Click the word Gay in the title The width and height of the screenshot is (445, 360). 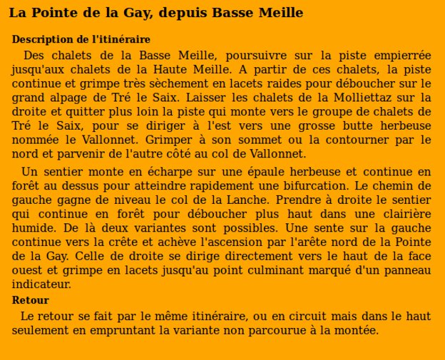coord(138,13)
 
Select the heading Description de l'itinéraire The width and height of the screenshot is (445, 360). coord(81,40)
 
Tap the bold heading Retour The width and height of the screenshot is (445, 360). coord(30,300)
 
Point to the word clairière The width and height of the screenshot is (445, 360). coord(400,214)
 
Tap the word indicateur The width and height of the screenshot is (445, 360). coord(41,284)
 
